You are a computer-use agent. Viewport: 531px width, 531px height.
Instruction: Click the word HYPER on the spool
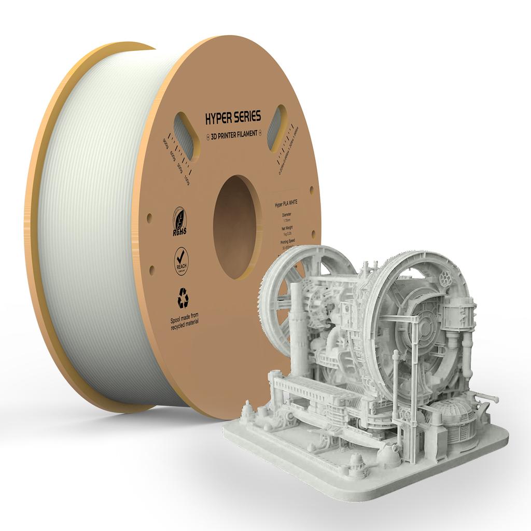[x=219, y=118]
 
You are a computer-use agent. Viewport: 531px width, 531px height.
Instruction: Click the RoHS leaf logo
[x=179, y=222]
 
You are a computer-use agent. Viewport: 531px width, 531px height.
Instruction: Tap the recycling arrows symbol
[x=183, y=298]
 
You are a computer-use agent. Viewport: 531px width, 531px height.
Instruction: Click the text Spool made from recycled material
[x=184, y=318]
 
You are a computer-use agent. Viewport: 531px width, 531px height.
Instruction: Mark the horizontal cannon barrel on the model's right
[x=485, y=397]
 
